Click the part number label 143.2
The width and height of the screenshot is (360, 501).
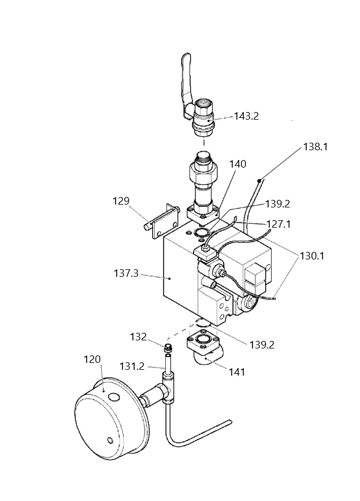246,116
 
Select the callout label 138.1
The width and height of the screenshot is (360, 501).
316,147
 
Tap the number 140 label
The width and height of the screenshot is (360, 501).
237,164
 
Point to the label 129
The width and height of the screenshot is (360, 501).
121,201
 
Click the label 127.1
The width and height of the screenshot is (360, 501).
279,224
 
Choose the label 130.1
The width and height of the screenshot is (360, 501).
312,256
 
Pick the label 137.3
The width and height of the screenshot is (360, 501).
126,273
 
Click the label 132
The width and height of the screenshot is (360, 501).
138,337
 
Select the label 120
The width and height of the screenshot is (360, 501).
92,359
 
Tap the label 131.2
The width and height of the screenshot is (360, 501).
132,366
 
